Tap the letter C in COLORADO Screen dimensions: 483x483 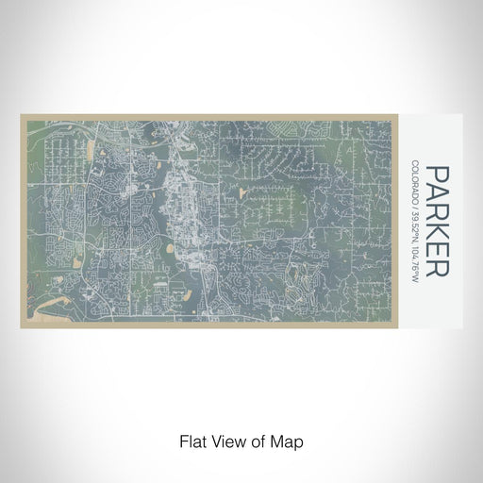[416, 166]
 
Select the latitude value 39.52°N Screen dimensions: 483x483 [416, 223]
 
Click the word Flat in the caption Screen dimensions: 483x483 [192, 441]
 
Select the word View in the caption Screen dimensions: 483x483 [225, 441]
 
